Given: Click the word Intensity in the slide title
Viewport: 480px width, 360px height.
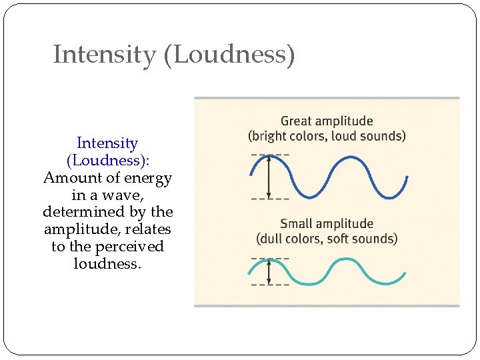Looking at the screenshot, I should click(103, 55).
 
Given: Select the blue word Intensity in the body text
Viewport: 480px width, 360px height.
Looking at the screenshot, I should click(107, 143).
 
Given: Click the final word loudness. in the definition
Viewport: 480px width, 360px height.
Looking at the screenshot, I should click(107, 264).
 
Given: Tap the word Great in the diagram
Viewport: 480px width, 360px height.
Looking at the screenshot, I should click(297, 121).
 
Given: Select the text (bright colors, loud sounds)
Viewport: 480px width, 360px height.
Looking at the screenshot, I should click(327, 136).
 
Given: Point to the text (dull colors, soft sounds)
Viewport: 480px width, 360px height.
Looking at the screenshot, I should click(327, 239).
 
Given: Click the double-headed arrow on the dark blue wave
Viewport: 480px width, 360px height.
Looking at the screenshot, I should click(269, 176).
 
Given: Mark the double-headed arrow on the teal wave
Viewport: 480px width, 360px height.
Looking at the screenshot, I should click(269, 271).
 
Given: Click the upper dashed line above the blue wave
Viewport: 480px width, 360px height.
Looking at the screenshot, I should click(270, 155).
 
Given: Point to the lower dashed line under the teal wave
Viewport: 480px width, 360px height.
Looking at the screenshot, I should click(270, 285).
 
